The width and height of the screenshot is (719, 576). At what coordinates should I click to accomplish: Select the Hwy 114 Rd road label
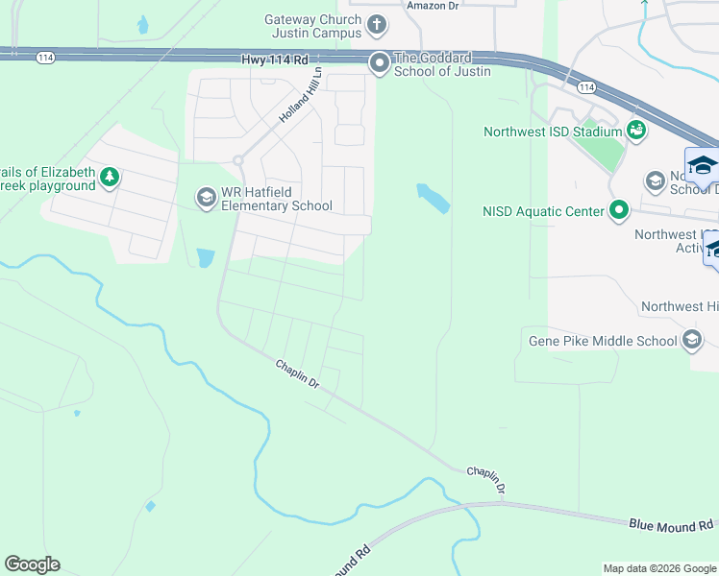[x=274, y=60]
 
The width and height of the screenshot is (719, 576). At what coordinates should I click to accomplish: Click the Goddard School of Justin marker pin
[x=379, y=63]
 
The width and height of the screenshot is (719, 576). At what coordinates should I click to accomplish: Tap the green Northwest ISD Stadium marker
[x=635, y=129]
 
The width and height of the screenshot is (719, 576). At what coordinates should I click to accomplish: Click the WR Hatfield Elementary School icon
[x=206, y=198]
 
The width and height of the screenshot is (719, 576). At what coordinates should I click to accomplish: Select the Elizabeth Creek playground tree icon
[x=111, y=177]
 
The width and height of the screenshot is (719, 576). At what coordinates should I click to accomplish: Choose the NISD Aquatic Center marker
[x=619, y=209]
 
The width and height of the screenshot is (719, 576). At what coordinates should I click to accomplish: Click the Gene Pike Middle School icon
[x=691, y=340]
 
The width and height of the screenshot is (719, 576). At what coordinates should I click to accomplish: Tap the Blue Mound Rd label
[x=673, y=524]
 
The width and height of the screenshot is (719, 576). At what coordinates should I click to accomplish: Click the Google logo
[x=32, y=564]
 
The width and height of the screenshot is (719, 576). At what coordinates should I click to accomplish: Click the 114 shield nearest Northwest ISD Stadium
[x=586, y=86]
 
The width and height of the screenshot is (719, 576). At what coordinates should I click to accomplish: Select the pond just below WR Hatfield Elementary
[x=205, y=257]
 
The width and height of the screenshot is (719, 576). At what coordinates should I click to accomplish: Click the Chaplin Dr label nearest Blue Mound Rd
[x=486, y=478]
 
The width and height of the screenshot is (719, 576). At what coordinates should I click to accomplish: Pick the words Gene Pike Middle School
[x=603, y=340]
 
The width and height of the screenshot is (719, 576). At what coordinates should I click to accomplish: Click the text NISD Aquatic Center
[x=543, y=210]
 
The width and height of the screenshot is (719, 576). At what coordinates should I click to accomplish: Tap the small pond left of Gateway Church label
[x=143, y=24]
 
